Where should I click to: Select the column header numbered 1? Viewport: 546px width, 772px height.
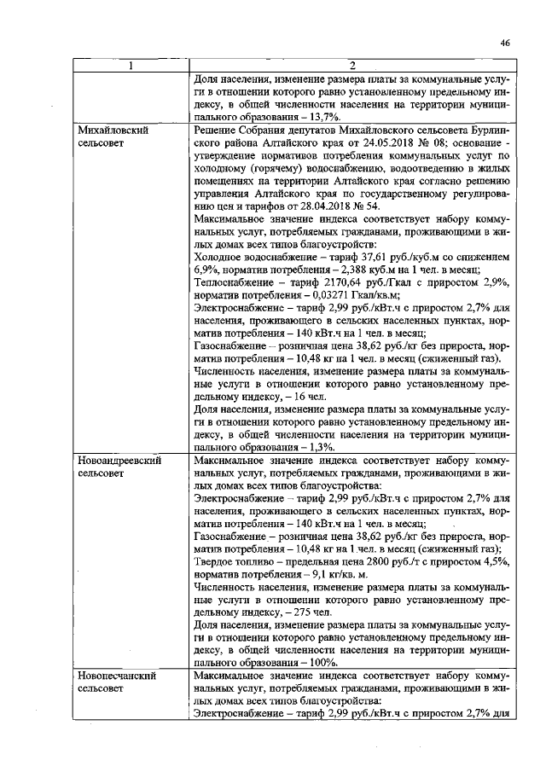[x=131, y=67]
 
